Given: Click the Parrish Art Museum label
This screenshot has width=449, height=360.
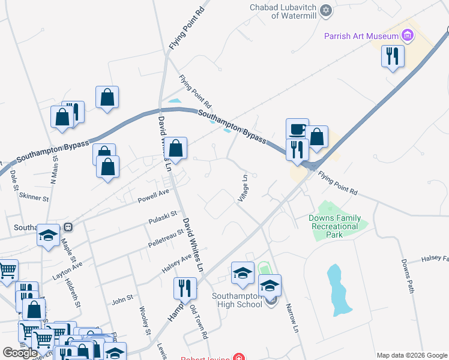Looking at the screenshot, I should coord(362,36).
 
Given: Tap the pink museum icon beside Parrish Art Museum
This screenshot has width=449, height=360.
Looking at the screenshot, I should coord(408,36).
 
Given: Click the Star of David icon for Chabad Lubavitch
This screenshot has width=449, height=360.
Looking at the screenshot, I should coord(327,11).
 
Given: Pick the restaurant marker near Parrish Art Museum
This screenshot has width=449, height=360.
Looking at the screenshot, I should coord(393,56).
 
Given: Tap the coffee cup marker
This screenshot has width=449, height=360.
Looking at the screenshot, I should coord(297,129).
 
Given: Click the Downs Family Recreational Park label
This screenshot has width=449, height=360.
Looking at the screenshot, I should coord(335,226).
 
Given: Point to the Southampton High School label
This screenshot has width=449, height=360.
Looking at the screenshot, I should coord(237,299).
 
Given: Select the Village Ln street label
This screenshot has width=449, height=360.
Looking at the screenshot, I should coord(244,188).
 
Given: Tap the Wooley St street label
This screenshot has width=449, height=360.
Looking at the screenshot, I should coord(144,320).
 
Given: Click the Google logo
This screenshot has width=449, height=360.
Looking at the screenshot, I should coord(20,353).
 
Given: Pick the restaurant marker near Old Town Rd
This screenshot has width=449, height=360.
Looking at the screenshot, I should coord(185,289).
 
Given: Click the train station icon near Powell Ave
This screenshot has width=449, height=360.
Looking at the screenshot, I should coord(68,227).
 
